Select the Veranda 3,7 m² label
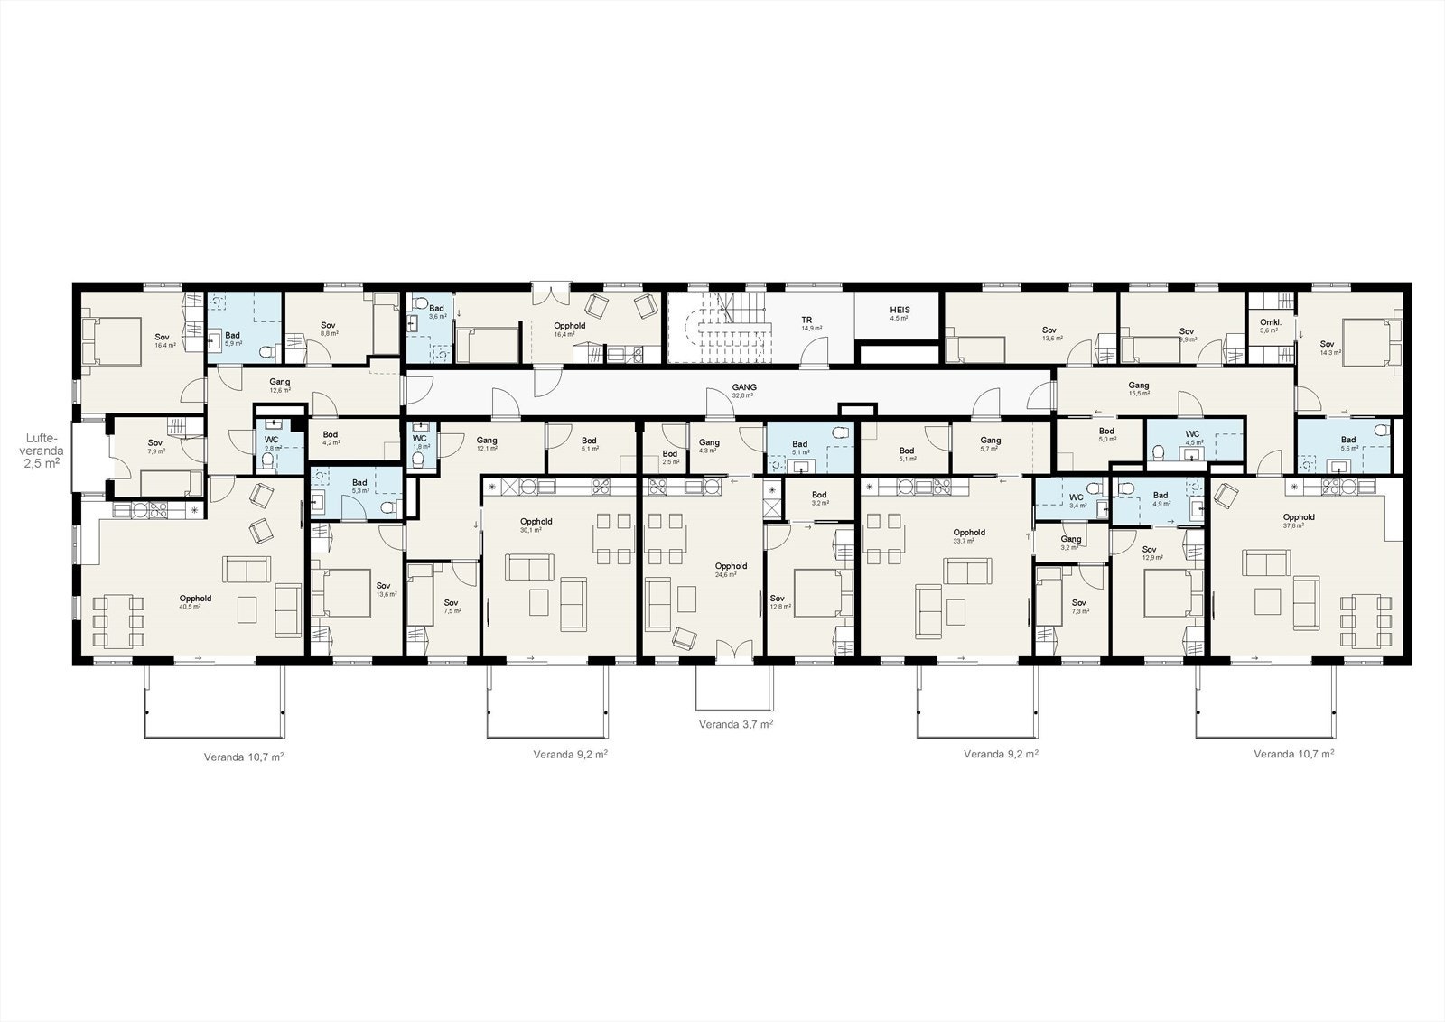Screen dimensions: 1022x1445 [x=735, y=724]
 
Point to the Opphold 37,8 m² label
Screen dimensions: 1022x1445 [x=1299, y=521]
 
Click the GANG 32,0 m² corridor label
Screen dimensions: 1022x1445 [x=744, y=391]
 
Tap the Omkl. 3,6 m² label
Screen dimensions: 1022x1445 [x=1269, y=326]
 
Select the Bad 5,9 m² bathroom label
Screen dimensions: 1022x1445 [x=232, y=339]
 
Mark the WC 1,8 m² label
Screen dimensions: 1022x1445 [x=419, y=441]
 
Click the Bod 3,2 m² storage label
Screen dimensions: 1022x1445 [x=819, y=498]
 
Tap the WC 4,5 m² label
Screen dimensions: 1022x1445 [x=1193, y=438]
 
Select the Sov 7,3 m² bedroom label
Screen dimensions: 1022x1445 [x=1078, y=607]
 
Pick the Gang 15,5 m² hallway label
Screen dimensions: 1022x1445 [x=1138, y=389]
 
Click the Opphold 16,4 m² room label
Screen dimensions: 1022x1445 [x=569, y=330]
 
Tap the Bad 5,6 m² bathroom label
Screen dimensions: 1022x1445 [x=1348, y=443]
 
